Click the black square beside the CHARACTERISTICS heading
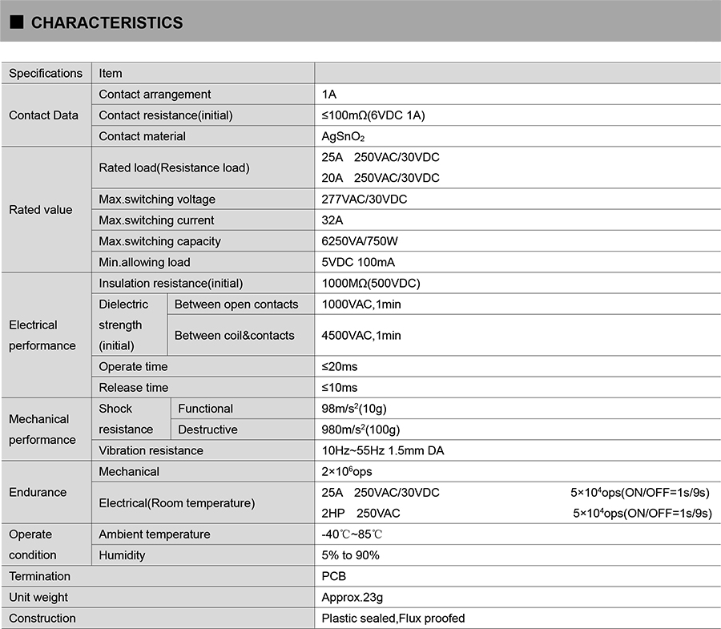click(16, 22)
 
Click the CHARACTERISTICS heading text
click(107, 22)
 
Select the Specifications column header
click(46, 73)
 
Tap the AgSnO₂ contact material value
click(343, 136)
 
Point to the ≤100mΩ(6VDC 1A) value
click(373, 115)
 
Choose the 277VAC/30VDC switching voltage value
click(364, 200)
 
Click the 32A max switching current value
click(333, 220)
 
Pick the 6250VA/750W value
click(360, 241)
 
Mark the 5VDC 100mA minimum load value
click(358, 262)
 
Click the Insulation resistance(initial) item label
click(171, 283)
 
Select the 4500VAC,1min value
click(361, 335)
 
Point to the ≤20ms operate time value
click(340, 367)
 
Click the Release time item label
click(134, 388)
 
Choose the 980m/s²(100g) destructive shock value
click(360, 429)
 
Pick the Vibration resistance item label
click(151, 450)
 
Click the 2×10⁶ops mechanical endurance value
click(347, 471)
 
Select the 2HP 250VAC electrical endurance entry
click(360, 513)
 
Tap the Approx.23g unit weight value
click(352, 597)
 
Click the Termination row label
click(39, 576)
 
